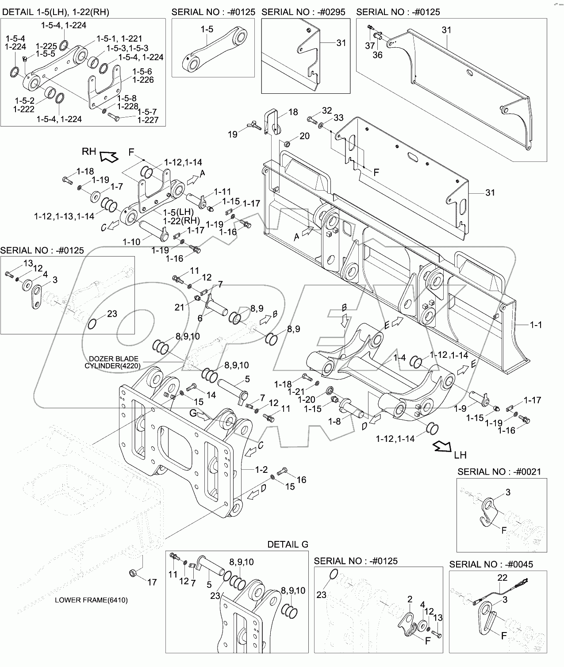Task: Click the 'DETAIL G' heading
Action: click(288, 544)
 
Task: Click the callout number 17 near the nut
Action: click(152, 582)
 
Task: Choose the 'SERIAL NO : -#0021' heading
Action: click(499, 471)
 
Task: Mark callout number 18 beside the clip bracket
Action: click(293, 112)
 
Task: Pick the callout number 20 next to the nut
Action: click(304, 136)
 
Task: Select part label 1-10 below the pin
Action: click(131, 242)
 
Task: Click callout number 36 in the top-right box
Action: click(377, 55)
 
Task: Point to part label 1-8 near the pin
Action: click(335, 422)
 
